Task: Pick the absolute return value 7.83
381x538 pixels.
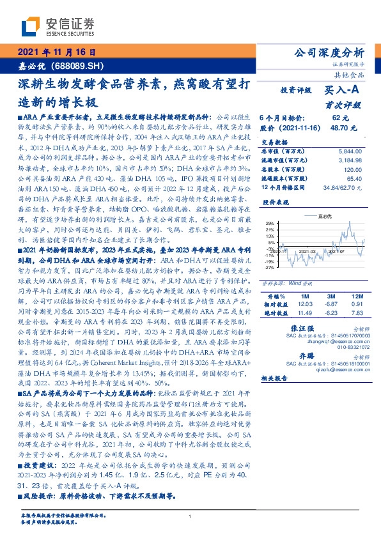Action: (355, 312)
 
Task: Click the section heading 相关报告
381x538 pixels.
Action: (276, 378)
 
